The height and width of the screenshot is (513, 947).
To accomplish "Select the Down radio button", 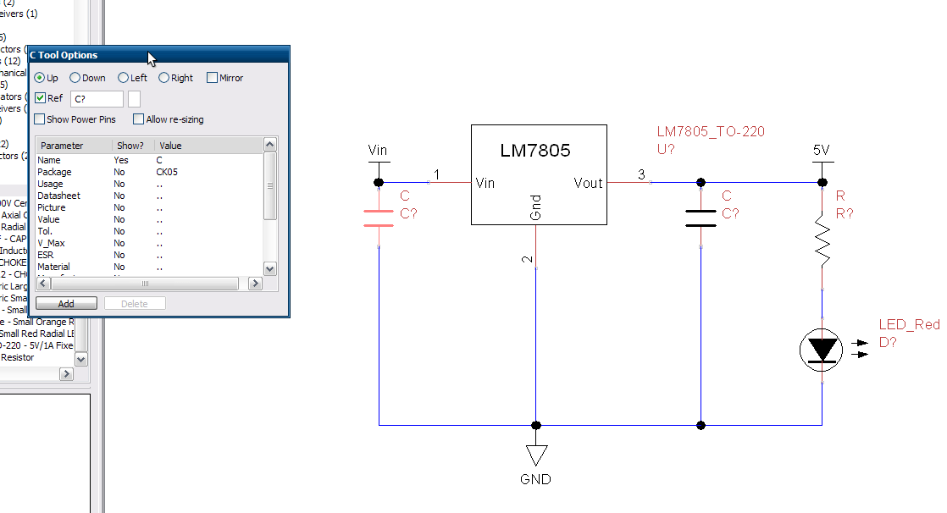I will coord(75,78).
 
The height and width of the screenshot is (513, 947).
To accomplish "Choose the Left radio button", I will coord(124,78).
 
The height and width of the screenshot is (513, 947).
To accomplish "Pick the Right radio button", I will coord(164,78).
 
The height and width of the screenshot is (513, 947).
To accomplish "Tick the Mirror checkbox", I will coord(213,78).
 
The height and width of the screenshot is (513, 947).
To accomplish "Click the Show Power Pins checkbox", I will coord(40,119).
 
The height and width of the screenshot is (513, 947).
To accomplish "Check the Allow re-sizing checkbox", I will coord(139,119).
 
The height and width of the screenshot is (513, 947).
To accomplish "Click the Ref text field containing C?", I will coord(97,99).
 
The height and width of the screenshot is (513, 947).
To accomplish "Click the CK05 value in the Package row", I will coord(167,172).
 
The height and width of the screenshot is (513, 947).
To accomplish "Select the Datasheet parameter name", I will coord(58,196).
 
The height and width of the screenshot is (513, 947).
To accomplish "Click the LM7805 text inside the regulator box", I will coord(535,152).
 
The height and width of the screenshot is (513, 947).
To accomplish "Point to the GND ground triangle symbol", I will coord(535,455).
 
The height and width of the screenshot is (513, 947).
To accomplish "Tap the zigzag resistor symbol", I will coord(822,238).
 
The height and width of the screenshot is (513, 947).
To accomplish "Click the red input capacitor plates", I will coord(379,218).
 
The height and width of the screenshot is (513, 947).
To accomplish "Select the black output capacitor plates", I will coord(701,218).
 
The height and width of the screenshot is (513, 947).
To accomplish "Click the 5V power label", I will coord(821,150).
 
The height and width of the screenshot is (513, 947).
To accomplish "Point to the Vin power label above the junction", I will coord(378,151).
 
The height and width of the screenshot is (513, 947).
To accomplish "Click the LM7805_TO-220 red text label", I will coord(711,132).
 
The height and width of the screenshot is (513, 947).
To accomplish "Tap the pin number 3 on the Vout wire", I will coord(641,175).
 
